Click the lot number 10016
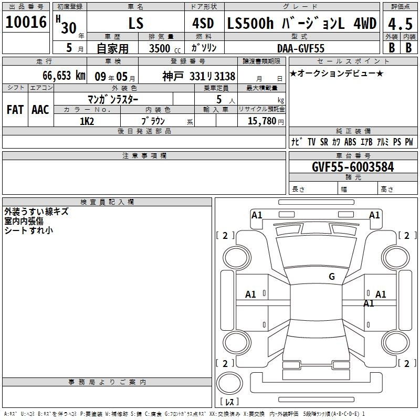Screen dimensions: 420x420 [x=26, y=22]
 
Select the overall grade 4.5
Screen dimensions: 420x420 [x=400, y=24]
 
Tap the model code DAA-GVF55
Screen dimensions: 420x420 [x=300, y=48]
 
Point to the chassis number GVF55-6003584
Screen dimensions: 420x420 [x=353, y=167]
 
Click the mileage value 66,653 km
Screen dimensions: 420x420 [x=64, y=76]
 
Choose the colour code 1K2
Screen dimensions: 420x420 [x=87, y=121]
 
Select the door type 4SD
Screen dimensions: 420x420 [x=203, y=23]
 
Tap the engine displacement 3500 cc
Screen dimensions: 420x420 [x=165, y=48]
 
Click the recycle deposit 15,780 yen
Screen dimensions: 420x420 [x=266, y=121]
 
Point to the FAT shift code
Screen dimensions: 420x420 [x=15, y=110]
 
